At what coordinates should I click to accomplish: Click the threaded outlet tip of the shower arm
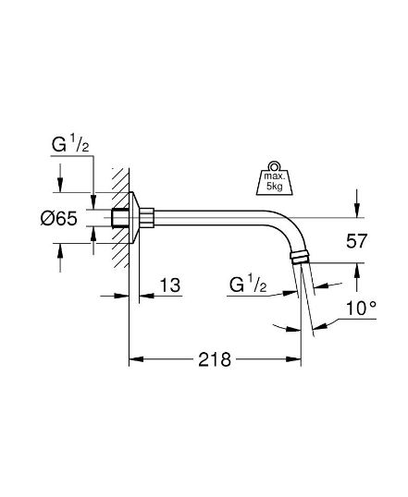point(302,258)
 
